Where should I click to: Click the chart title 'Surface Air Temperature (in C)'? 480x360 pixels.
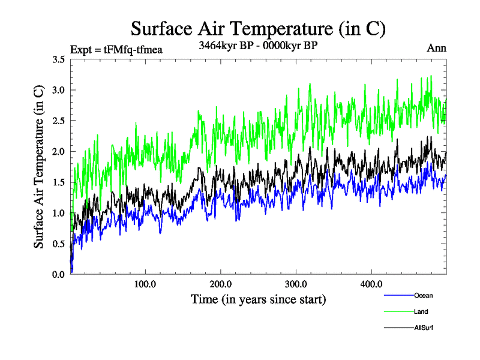point(258,28)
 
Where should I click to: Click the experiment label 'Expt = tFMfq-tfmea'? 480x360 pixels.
point(116,49)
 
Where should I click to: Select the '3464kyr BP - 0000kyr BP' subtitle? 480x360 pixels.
point(259,46)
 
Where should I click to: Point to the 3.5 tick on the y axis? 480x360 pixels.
point(59,59)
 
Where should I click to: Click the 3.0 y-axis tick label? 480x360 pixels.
point(59,90)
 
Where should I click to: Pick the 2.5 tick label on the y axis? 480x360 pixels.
point(59,121)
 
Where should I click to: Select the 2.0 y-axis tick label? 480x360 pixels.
point(59,151)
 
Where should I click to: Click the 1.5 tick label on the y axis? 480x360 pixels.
point(59,182)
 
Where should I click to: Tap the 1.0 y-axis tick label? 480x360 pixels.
point(59,213)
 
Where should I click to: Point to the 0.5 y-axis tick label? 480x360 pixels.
point(59,244)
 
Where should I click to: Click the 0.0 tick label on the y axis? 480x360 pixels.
point(59,274)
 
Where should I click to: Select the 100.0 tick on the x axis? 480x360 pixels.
point(145,284)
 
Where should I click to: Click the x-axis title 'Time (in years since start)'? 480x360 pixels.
point(258,299)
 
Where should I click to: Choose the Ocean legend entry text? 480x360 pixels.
point(423,295)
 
